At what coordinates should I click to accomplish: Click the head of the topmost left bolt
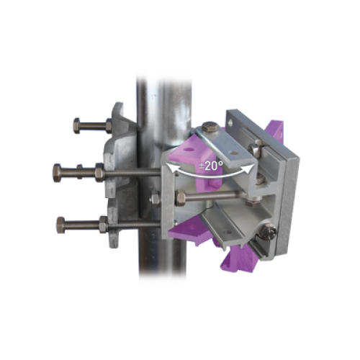76,125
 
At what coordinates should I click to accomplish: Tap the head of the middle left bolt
57,173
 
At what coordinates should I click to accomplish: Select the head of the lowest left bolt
60,225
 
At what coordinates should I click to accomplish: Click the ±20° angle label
211,166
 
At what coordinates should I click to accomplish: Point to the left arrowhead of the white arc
171,167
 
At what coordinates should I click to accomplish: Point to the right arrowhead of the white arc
249,168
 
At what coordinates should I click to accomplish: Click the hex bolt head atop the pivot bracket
210,126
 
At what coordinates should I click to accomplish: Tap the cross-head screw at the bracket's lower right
268,232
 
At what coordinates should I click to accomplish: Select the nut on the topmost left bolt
109,126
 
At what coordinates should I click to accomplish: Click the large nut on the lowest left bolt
103,225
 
